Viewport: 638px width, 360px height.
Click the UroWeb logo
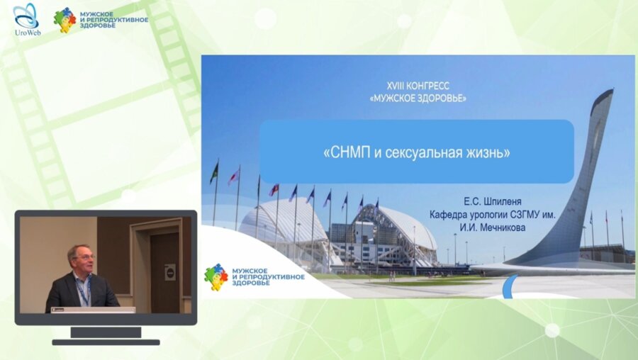(26, 20)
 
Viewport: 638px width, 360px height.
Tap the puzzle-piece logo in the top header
(65, 20)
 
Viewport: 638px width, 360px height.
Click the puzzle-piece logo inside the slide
(216, 277)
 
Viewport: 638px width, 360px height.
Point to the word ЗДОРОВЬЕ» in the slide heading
(444, 98)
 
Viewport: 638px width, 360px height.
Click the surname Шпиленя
(502, 202)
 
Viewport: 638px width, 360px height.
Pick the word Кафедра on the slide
(447, 215)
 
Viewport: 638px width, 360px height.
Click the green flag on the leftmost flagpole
(214, 173)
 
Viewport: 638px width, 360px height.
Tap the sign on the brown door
(170, 272)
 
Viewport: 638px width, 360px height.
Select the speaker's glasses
(83, 257)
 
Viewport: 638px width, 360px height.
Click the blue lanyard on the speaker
(84, 291)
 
